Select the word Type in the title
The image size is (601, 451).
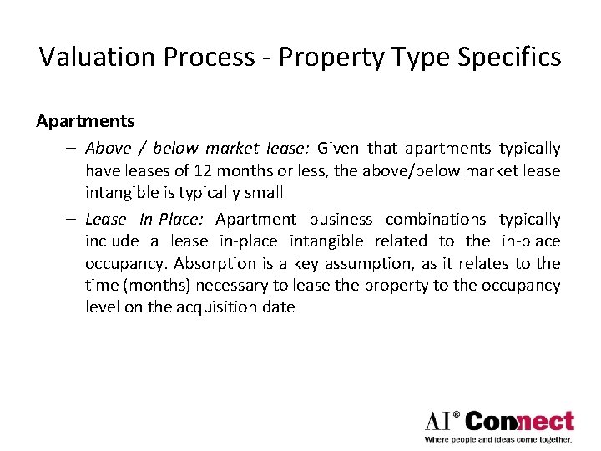click(x=409, y=58)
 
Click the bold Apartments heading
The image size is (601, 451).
click(x=85, y=121)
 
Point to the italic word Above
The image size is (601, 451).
click(x=109, y=149)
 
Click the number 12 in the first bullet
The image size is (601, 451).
click(x=203, y=170)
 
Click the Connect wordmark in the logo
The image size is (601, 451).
click(x=519, y=421)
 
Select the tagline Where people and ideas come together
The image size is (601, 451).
click(x=498, y=439)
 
